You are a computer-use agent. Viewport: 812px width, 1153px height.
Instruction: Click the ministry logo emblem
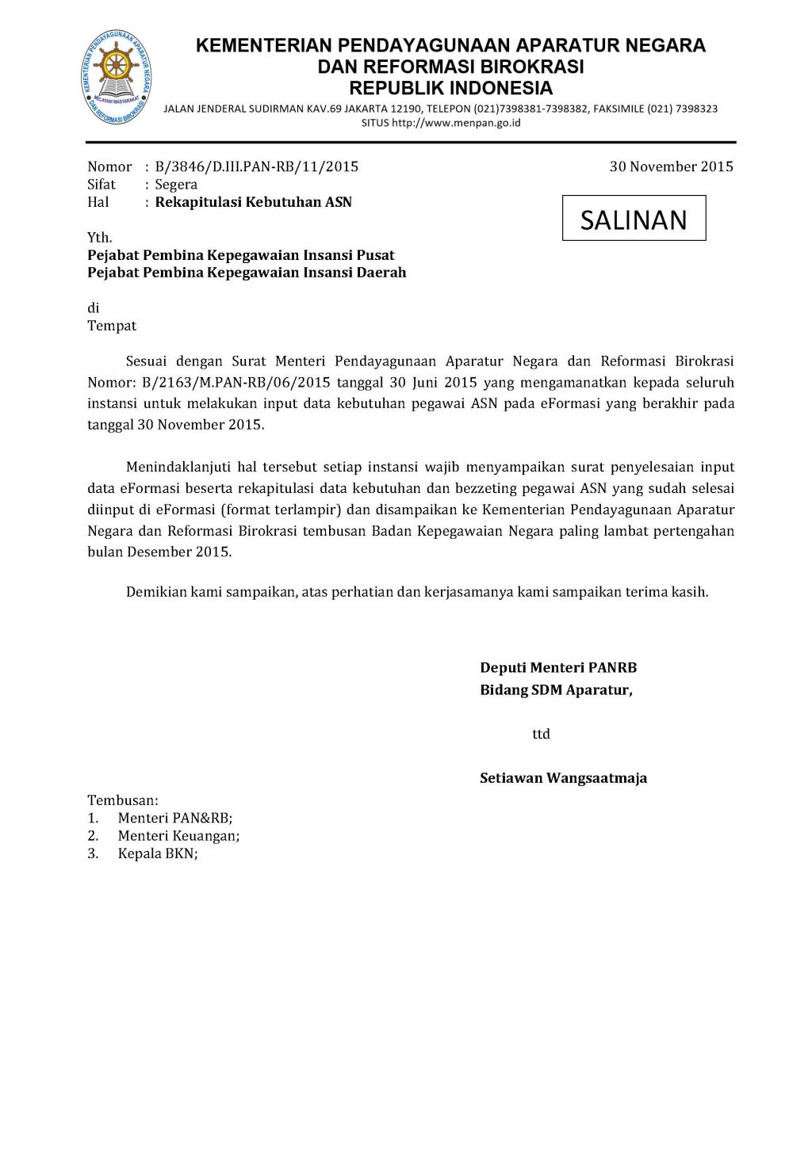click(x=116, y=77)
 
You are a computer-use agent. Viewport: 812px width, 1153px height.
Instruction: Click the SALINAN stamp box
click(x=634, y=218)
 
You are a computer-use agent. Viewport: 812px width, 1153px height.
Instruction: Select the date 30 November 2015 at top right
click(x=671, y=166)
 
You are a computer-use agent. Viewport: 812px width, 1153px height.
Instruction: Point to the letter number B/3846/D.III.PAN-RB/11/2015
click(x=256, y=166)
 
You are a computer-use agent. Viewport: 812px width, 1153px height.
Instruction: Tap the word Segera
click(x=176, y=185)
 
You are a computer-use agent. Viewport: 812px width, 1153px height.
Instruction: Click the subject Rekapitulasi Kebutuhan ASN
click(x=253, y=202)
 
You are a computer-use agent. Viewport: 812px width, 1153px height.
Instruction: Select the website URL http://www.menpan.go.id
click(x=456, y=123)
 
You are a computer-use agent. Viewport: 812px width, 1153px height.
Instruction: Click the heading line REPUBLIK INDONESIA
click(x=450, y=88)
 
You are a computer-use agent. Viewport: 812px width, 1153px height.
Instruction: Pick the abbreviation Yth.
click(x=100, y=238)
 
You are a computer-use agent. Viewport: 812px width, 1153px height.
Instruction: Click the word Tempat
click(x=112, y=326)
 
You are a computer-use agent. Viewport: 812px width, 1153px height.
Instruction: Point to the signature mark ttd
click(x=541, y=734)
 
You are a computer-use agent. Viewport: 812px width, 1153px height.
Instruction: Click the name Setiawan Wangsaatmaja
click(x=563, y=778)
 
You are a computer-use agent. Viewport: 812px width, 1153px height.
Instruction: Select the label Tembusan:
click(x=123, y=800)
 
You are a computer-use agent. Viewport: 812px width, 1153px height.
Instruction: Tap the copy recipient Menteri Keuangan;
click(x=178, y=836)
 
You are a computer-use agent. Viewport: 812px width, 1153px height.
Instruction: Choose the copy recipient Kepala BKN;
click(x=158, y=853)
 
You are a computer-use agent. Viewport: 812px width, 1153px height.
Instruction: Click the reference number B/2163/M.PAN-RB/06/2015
click(x=236, y=383)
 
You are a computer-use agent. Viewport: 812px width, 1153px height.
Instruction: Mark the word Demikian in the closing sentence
click(x=156, y=592)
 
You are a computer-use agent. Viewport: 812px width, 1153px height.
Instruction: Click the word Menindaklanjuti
click(x=178, y=468)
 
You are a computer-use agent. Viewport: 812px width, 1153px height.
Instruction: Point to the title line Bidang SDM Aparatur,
click(x=556, y=690)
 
